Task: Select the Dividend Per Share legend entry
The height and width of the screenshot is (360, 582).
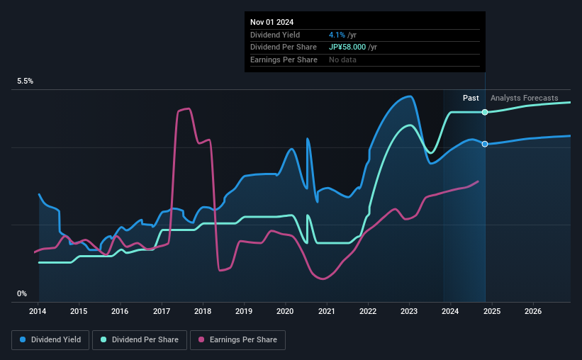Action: tap(144, 340)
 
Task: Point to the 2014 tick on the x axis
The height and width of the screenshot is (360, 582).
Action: tap(38, 311)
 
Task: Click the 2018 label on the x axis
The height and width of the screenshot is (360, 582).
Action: tap(203, 311)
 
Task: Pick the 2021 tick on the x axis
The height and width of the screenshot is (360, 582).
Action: tap(327, 311)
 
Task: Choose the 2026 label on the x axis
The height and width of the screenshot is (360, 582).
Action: tap(533, 311)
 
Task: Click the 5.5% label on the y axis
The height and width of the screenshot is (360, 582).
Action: tap(26, 81)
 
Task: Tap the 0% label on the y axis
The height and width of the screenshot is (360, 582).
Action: tap(22, 293)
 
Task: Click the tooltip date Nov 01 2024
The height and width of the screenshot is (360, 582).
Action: tap(273, 21)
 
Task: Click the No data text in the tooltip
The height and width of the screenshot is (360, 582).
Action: tap(342, 60)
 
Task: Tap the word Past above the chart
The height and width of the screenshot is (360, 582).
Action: tap(471, 98)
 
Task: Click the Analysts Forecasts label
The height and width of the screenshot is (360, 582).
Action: tap(524, 98)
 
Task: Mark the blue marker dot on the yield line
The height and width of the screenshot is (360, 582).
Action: tap(485, 144)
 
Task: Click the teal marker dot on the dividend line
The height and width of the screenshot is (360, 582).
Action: tap(485, 112)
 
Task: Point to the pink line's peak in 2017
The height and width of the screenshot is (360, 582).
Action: tap(187, 108)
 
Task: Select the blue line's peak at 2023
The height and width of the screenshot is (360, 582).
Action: tap(409, 96)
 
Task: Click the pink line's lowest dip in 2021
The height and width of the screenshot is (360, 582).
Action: tap(324, 279)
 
